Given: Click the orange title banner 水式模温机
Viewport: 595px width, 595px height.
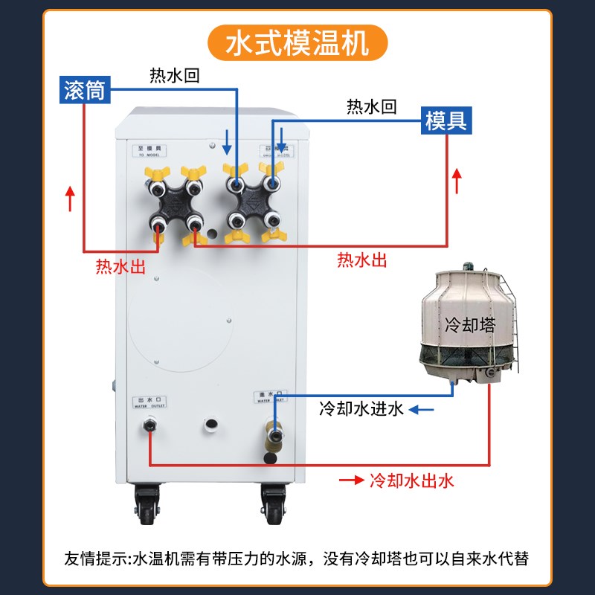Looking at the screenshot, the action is [x=297, y=42].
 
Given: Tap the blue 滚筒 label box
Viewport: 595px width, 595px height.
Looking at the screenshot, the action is [x=86, y=90].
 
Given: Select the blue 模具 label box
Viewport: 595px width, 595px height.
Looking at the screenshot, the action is [x=447, y=120].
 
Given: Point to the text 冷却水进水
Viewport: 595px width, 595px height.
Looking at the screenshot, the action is [x=361, y=408].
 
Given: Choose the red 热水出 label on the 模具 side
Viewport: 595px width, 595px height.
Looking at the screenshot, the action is [x=362, y=260].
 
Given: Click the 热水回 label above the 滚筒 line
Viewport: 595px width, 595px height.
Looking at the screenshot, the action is [x=175, y=75].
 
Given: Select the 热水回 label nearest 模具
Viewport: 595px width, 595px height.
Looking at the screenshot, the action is [x=372, y=107].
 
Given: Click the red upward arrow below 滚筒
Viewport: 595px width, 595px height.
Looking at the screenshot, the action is [x=71, y=198].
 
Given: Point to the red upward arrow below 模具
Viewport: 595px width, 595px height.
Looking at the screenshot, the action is [x=457, y=181].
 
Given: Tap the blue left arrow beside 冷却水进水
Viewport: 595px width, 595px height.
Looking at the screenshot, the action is [x=425, y=408].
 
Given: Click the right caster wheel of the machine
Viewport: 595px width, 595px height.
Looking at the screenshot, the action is [x=273, y=506].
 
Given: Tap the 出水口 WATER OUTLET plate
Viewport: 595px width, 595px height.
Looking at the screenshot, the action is [x=149, y=402].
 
